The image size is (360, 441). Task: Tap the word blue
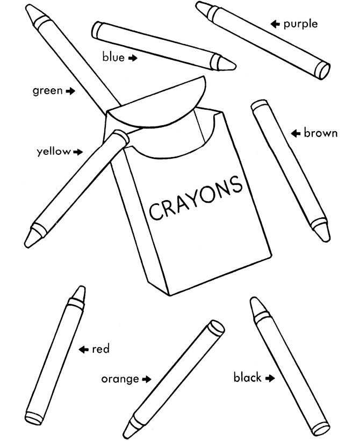(x=113, y=57)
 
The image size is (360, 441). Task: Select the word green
(x=47, y=91)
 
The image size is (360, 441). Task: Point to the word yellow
(x=53, y=152)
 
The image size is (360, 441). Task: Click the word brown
(x=321, y=133)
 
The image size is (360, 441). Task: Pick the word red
(x=100, y=350)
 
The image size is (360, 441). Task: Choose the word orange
(x=120, y=379)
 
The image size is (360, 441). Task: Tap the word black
(x=247, y=378)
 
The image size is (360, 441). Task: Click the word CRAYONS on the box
(x=195, y=198)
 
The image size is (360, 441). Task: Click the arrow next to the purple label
(x=276, y=24)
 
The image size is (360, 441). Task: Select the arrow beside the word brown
(x=295, y=133)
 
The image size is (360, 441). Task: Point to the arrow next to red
(x=83, y=350)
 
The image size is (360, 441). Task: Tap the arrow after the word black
(x=270, y=378)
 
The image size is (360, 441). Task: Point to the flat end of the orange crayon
(x=217, y=328)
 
